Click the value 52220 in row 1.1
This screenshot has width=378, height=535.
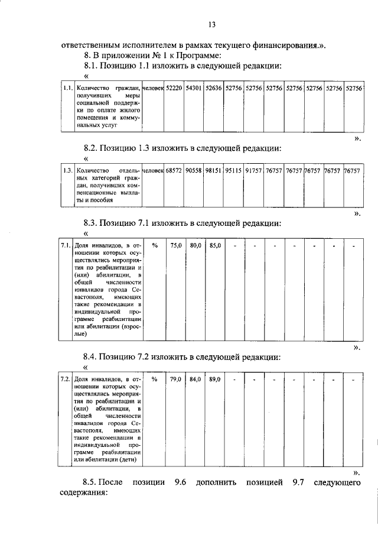[x=174, y=87]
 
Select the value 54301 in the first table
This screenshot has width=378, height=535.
[x=194, y=87]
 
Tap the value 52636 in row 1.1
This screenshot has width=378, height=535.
[x=214, y=87]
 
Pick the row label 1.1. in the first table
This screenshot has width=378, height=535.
[x=67, y=87]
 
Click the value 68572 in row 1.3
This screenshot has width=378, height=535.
[x=174, y=170]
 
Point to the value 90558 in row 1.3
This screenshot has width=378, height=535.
[x=194, y=170]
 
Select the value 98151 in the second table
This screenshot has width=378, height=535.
[x=214, y=170]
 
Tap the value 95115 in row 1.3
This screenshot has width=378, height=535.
[x=234, y=170]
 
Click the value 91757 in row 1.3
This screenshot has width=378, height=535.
[x=254, y=170]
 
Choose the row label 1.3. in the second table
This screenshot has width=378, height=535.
[x=67, y=170]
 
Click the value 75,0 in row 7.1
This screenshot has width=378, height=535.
[x=176, y=245]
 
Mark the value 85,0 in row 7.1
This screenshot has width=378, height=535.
[x=214, y=245]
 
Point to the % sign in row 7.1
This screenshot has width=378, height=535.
[x=154, y=245]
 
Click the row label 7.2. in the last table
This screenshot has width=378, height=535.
[x=66, y=379]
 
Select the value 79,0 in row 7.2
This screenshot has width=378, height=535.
[x=176, y=379]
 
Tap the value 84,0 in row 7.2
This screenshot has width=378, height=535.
[x=195, y=379]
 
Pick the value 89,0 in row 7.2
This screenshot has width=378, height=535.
[x=214, y=379]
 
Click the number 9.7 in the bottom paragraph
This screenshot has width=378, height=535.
[x=299, y=483]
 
